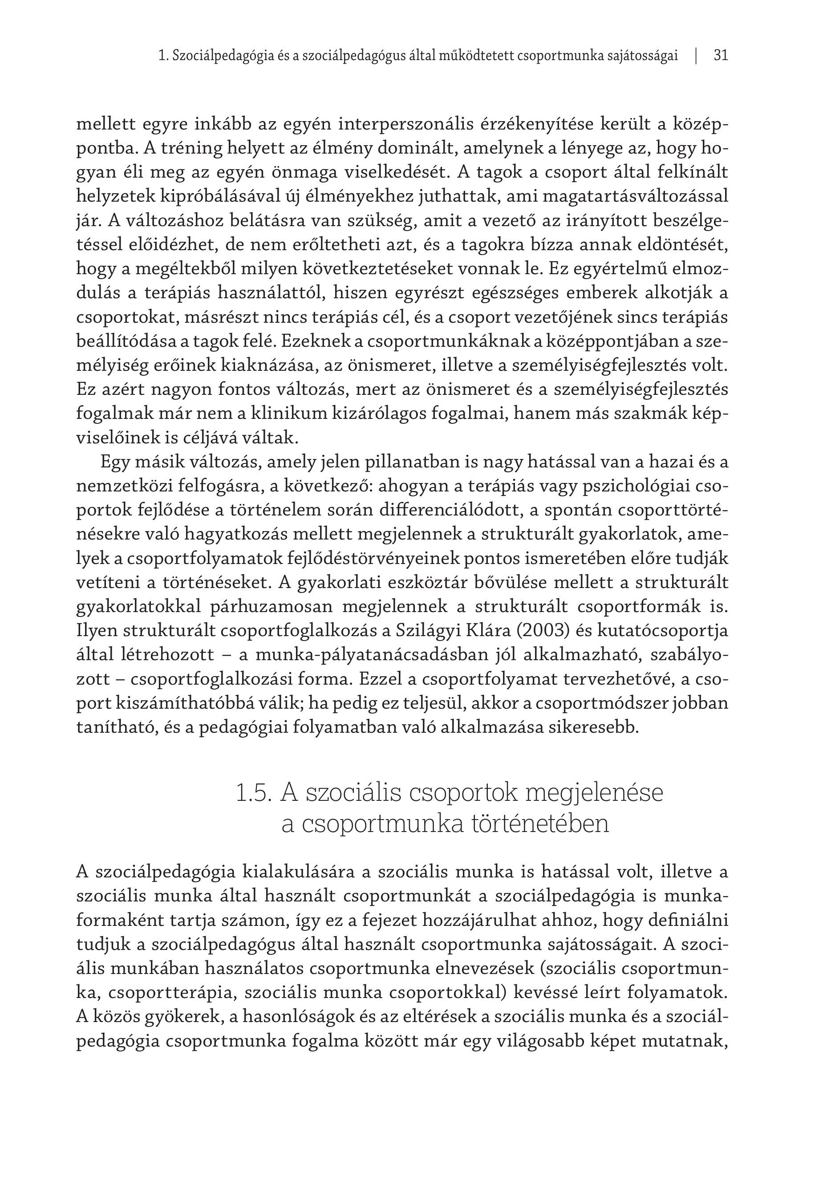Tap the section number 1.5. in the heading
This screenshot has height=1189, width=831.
[254, 794]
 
